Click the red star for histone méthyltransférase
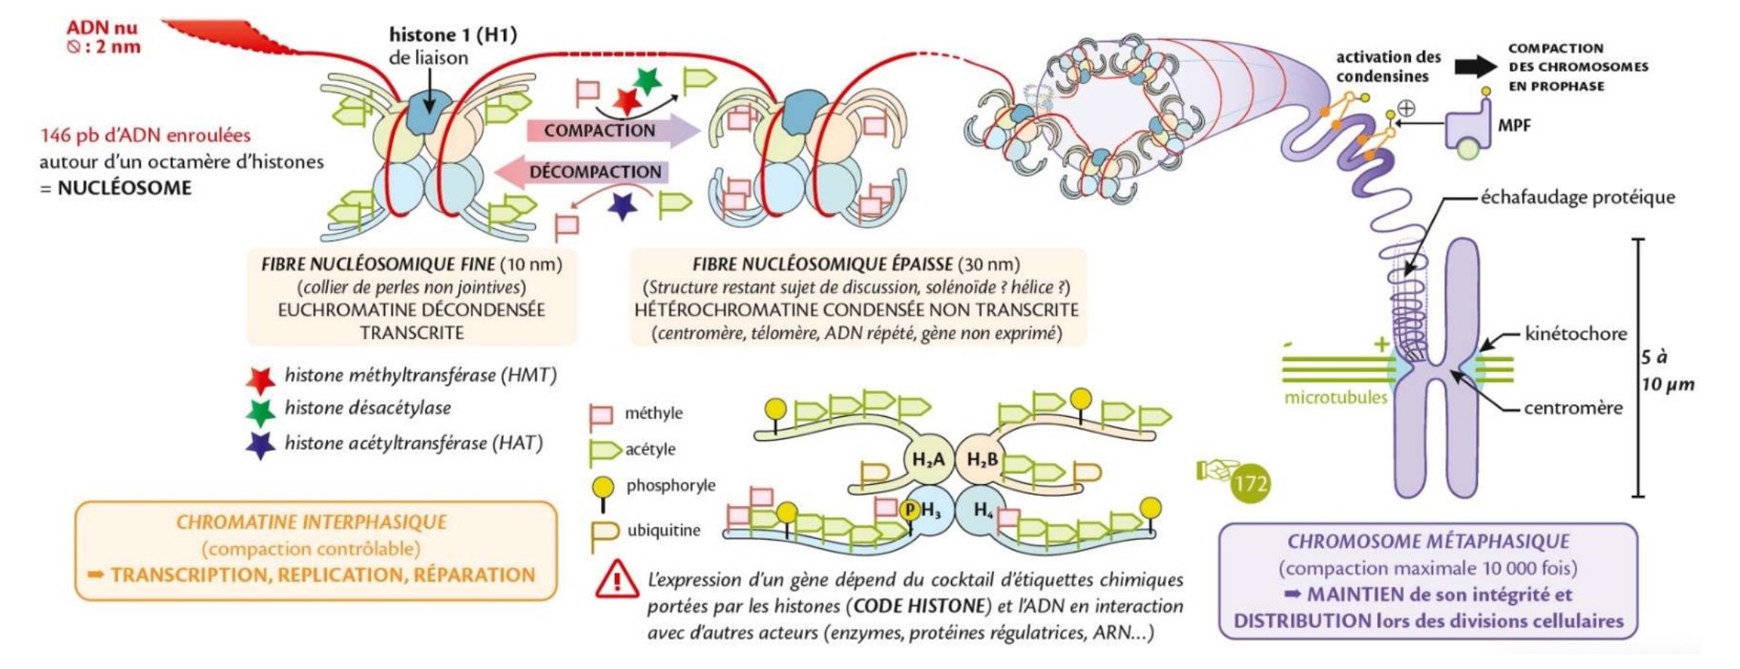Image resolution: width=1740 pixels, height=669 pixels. (260, 379)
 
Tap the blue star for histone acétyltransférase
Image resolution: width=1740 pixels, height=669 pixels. (260, 445)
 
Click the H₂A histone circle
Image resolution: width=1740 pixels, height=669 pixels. (928, 459)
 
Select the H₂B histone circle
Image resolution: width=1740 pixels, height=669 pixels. (980, 459)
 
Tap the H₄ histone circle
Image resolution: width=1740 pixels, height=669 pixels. (982, 511)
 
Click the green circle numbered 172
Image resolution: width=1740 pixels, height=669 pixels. (1250, 484)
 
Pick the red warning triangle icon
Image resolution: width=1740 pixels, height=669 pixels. (617, 579)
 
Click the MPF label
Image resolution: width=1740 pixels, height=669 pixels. (1514, 125)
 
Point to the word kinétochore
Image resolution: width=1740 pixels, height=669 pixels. (1575, 334)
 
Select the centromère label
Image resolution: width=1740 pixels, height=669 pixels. (1573, 407)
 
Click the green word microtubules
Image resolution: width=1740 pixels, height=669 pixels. (1335, 397)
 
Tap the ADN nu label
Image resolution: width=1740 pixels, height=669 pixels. (102, 27)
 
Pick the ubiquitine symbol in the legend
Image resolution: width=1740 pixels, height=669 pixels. (604, 536)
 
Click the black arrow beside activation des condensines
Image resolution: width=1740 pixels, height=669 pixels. (1475, 67)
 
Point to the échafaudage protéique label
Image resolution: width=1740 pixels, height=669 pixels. (1577, 197)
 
